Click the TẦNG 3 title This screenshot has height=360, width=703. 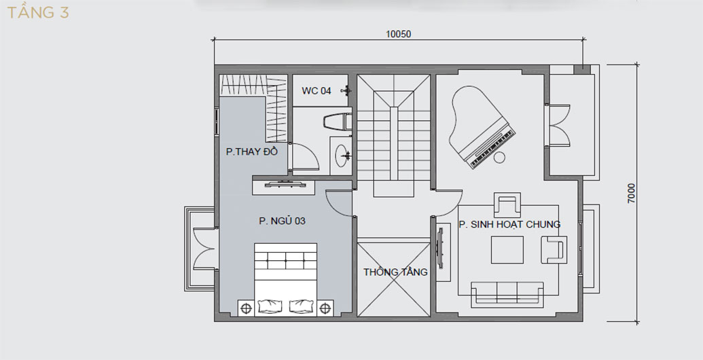point(38,12)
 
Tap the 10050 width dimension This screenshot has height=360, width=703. point(398,34)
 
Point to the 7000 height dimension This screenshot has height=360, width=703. point(631,193)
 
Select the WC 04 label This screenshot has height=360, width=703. point(316,91)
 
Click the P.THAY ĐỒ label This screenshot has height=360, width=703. point(252,151)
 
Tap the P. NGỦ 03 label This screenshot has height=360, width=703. point(282,221)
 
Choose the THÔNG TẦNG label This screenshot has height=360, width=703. point(395,272)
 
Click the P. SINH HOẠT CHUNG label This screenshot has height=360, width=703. point(509,224)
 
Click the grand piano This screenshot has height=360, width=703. point(482,127)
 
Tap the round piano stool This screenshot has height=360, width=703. point(499,158)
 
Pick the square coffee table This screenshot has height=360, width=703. point(507,250)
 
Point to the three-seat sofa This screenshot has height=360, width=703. point(507,294)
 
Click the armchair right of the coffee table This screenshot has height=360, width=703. point(554,250)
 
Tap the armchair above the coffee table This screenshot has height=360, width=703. point(507,204)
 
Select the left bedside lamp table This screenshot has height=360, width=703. point(246,308)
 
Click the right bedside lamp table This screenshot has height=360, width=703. point(325,308)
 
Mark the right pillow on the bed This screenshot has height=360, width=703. point(300,306)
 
